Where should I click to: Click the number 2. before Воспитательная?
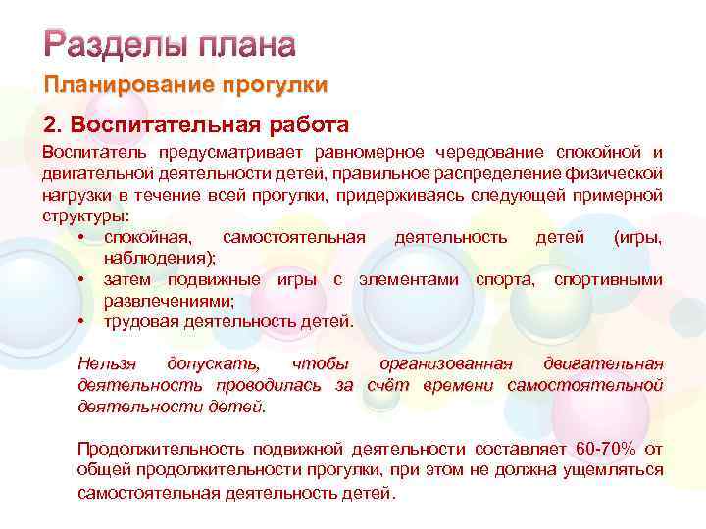pyautogui.click(x=52, y=125)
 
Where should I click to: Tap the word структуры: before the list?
pyautogui.click(x=84, y=216)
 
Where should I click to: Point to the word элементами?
pyautogui.click(x=409, y=280)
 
